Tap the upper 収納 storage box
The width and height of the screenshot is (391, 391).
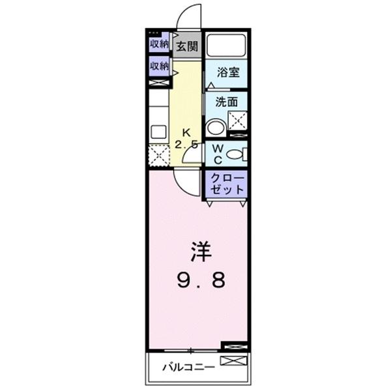pos(159,44)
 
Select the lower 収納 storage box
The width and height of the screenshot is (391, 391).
pos(159,66)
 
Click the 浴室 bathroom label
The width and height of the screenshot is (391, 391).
pos(226,73)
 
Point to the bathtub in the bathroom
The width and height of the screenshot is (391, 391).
pos(226,46)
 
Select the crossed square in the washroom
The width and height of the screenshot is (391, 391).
pos(237,121)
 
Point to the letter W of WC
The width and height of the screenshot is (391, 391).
pos(217,149)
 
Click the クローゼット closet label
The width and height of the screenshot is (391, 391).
pos(226,184)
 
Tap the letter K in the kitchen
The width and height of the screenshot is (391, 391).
pos(186,131)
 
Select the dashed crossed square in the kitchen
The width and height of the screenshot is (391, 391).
pos(158,154)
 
